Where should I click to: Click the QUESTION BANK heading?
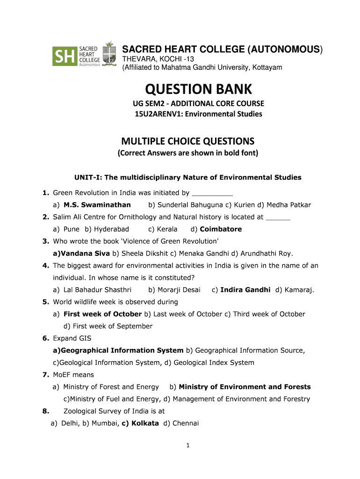point(198,89)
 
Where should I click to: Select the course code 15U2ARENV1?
point(156,114)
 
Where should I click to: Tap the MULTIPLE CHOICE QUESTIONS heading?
point(188,141)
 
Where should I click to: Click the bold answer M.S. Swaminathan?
point(97,205)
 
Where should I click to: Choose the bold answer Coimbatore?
point(221,229)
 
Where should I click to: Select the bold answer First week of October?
point(102,314)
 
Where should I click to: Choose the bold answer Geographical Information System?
point(122,350)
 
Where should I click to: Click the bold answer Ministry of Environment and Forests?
point(245,387)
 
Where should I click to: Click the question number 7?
point(46,375)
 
